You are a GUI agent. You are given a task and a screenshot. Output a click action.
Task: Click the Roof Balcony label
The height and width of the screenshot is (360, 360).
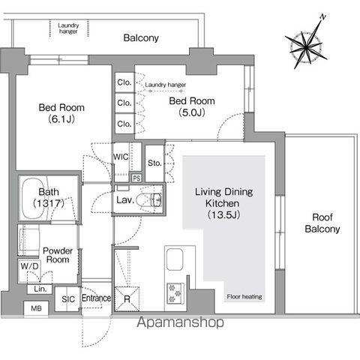(322, 223)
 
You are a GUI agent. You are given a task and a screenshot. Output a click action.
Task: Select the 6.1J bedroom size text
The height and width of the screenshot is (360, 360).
(61, 119)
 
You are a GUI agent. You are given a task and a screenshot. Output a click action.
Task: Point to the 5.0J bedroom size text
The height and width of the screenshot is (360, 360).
(192, 112)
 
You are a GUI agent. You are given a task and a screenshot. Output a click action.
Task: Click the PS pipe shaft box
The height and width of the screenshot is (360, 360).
(136, 178)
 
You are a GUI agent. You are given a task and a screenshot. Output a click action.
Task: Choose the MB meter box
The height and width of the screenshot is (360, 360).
(36, 308)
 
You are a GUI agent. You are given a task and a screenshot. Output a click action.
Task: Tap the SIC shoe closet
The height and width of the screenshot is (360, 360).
(67, 299)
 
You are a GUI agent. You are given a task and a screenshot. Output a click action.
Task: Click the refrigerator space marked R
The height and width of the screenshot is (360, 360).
(127, 299)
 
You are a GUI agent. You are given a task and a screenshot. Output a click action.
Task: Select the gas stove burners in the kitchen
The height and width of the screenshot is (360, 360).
(175, 293)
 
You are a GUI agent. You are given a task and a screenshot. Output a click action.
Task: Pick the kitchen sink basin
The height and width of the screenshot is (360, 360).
(175, 259)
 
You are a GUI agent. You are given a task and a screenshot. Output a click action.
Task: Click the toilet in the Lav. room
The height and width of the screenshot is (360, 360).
(149, 200)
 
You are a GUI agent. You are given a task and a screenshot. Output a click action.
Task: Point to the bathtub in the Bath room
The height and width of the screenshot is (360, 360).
(34, 199)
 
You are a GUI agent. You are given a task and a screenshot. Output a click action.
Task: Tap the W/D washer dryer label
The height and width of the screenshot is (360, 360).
(30, 266)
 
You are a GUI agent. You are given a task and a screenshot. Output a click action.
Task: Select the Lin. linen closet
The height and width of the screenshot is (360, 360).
(40, 289)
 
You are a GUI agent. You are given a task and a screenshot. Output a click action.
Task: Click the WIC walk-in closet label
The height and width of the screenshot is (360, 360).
(121, 157)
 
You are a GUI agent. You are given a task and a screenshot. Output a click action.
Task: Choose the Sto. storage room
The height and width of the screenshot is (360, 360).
(154, 163)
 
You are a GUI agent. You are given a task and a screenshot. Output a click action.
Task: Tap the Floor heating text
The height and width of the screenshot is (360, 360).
(244, 297)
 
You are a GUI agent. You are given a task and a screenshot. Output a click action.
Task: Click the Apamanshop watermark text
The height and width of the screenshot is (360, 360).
(181, 322)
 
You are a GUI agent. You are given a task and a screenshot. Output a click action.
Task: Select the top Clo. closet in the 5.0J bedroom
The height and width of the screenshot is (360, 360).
(124, 82)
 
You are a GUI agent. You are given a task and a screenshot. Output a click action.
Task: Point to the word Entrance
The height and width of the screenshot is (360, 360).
(96, 298)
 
